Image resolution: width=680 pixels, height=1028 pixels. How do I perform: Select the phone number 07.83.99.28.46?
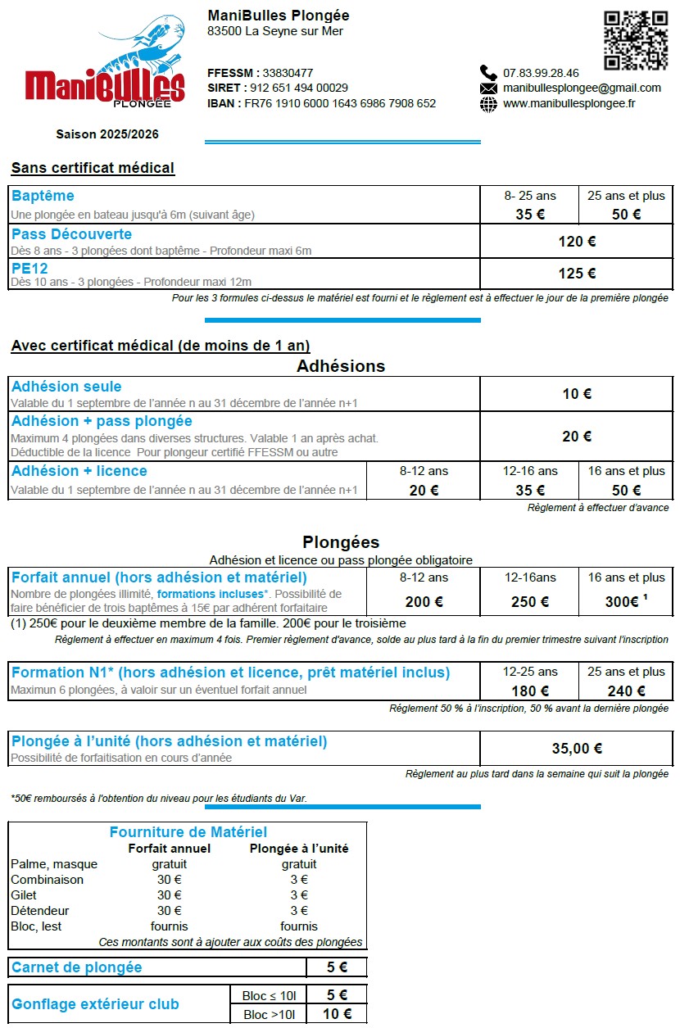(541, 73)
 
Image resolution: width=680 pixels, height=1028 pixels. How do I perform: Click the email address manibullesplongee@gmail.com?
(582, 88)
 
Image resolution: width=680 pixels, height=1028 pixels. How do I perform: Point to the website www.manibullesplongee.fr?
(569, 103)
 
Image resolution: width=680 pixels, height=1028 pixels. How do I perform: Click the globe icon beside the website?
(488, 104)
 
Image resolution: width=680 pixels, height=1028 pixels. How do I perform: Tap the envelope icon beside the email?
(488, 88)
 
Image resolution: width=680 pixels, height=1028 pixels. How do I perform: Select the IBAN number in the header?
(340, 103)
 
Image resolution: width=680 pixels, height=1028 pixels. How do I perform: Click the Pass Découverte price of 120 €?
(577, 242)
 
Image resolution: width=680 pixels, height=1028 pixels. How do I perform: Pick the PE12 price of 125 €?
(577, 274)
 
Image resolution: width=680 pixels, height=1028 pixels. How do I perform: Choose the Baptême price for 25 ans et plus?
(626, 215)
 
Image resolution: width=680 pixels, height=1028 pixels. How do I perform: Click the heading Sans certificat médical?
(93, 168)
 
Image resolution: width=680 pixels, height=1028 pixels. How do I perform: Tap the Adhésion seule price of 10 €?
(577, 394)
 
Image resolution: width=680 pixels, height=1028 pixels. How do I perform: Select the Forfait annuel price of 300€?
(622, 602)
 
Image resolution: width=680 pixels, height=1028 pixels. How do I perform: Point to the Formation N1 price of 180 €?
(529, 691)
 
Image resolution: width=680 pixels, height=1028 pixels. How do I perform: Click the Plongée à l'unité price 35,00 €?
(577, 748)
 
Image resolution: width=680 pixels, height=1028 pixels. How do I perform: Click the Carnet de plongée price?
(337, 967)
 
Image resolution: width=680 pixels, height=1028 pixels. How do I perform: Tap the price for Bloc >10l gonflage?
(337, 1014)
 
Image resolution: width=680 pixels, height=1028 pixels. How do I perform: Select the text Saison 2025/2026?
(107, 134)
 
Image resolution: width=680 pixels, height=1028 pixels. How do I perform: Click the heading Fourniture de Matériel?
(188, 832)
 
